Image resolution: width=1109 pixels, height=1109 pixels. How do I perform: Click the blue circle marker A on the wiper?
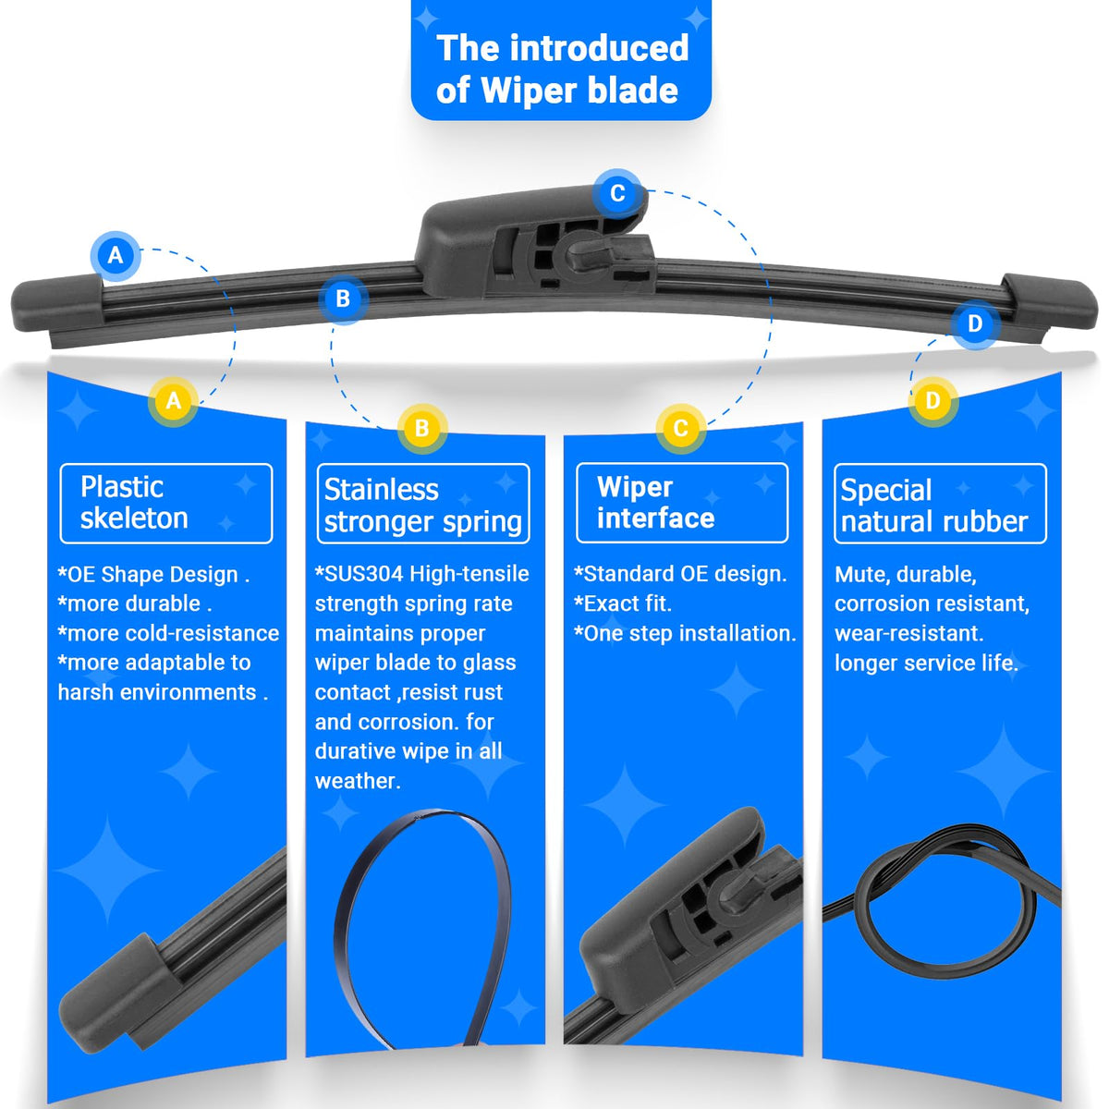[x=116, y=255]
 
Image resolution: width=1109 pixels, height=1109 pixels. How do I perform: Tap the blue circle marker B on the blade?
[x=343, y=299]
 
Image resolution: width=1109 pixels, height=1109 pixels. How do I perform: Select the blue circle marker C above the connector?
[x=617, y=193]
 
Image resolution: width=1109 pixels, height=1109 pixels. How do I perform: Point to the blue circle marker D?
[x=975, y=323]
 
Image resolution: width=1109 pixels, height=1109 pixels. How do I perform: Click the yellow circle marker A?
[x=173, y=401]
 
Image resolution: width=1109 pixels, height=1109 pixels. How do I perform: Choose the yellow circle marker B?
[x=421, y=429]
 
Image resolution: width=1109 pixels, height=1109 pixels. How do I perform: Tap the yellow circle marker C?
[x=681, y=428]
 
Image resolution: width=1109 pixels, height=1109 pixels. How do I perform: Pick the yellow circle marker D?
[x=932, y=401]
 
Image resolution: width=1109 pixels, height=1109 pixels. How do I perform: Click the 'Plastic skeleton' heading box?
[x=166, y=504]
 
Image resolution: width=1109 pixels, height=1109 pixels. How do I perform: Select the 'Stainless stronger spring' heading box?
[x=423, y=504]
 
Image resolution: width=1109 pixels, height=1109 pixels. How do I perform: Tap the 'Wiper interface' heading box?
[x=682, y=503]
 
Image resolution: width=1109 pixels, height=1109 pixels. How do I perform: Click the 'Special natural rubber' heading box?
[x=941, y=504]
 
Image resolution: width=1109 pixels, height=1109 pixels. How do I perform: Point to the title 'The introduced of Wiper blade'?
[x=562, y=69]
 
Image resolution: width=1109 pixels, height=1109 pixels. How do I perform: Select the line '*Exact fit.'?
[x=623, y=603]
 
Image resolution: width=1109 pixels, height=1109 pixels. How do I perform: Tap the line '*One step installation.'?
[x=685, y=634]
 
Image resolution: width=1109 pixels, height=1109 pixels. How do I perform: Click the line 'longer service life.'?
[x=927, y=663]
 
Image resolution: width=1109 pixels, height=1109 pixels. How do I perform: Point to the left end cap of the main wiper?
[x=56, y=303]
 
